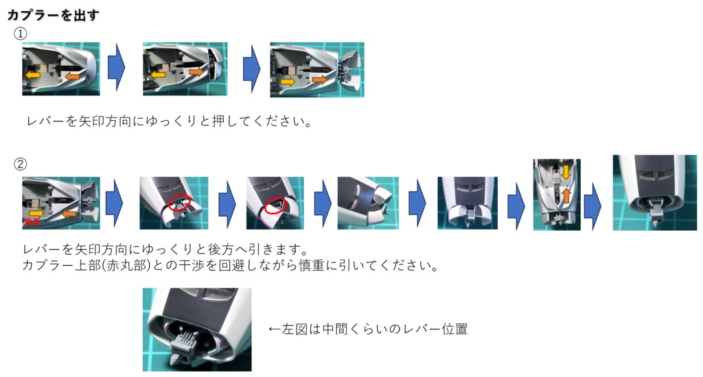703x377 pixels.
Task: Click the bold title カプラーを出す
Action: [53, 14]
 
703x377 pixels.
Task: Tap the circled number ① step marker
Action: [21, 34]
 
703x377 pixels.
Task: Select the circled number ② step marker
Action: [21, 164]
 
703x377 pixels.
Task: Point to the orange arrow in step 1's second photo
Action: [196, 71]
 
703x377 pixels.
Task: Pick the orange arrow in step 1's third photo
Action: [319, 80]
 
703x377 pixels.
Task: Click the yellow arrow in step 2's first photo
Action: [35, 214]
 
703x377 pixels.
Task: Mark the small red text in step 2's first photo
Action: [30, 223]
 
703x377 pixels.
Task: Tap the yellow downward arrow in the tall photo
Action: [566, 171]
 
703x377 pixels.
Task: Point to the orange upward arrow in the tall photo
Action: [566, 197]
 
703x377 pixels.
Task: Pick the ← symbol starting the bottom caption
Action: [275, 330]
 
